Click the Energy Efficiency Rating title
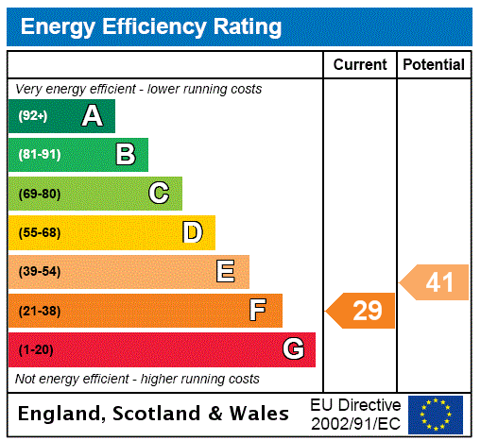point(151,27)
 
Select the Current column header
point(360,65)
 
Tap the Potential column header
point(434,65)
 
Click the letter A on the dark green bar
point(92,116)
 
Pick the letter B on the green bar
point(125,155)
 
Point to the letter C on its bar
point(159,194)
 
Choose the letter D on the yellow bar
point(192,232)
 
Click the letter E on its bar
point(226,272)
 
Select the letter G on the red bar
point(293,349)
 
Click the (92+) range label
point(32,116)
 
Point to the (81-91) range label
point(39,155)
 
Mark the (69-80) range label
point(39,194)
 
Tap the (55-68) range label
point(39,232)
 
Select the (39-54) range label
point(39,272)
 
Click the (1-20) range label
point(36,349)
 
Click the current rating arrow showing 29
point(362,311)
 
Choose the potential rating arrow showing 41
point(436,282)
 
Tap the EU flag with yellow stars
point(436,414)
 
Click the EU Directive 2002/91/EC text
point(355,414)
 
